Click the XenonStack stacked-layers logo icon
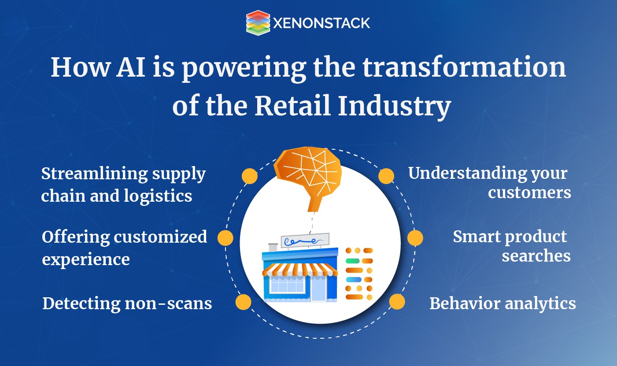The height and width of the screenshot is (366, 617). click(x=258, y=23)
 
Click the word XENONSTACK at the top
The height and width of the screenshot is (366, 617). click(x=321, y=23)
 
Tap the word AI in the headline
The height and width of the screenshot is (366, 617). click(x=131, y=67)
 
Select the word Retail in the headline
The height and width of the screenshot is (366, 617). click(x=292, y=106)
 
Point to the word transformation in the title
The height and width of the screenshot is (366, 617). click(x=464, y=67)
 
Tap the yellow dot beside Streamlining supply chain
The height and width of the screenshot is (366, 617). click(x=250, y=176)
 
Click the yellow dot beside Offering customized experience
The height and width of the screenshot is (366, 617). click(x=225, y=238)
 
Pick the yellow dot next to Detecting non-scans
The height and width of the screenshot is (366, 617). click(x=244, y=302)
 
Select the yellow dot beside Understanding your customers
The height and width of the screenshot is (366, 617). click(x=386, y=176)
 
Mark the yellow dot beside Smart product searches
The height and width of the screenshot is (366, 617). click(x=415, y=238)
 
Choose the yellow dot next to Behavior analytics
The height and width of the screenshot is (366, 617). click(x=397, y=302)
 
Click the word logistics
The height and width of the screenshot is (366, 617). click(x=158, y=196)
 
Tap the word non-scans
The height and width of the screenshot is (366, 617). click(x=169, y=303)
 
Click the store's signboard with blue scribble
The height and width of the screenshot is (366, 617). click(x=305, y=240)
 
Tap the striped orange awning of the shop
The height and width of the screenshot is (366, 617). click(x=300, y=270)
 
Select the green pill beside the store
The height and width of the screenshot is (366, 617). click(x=353, y=261)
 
